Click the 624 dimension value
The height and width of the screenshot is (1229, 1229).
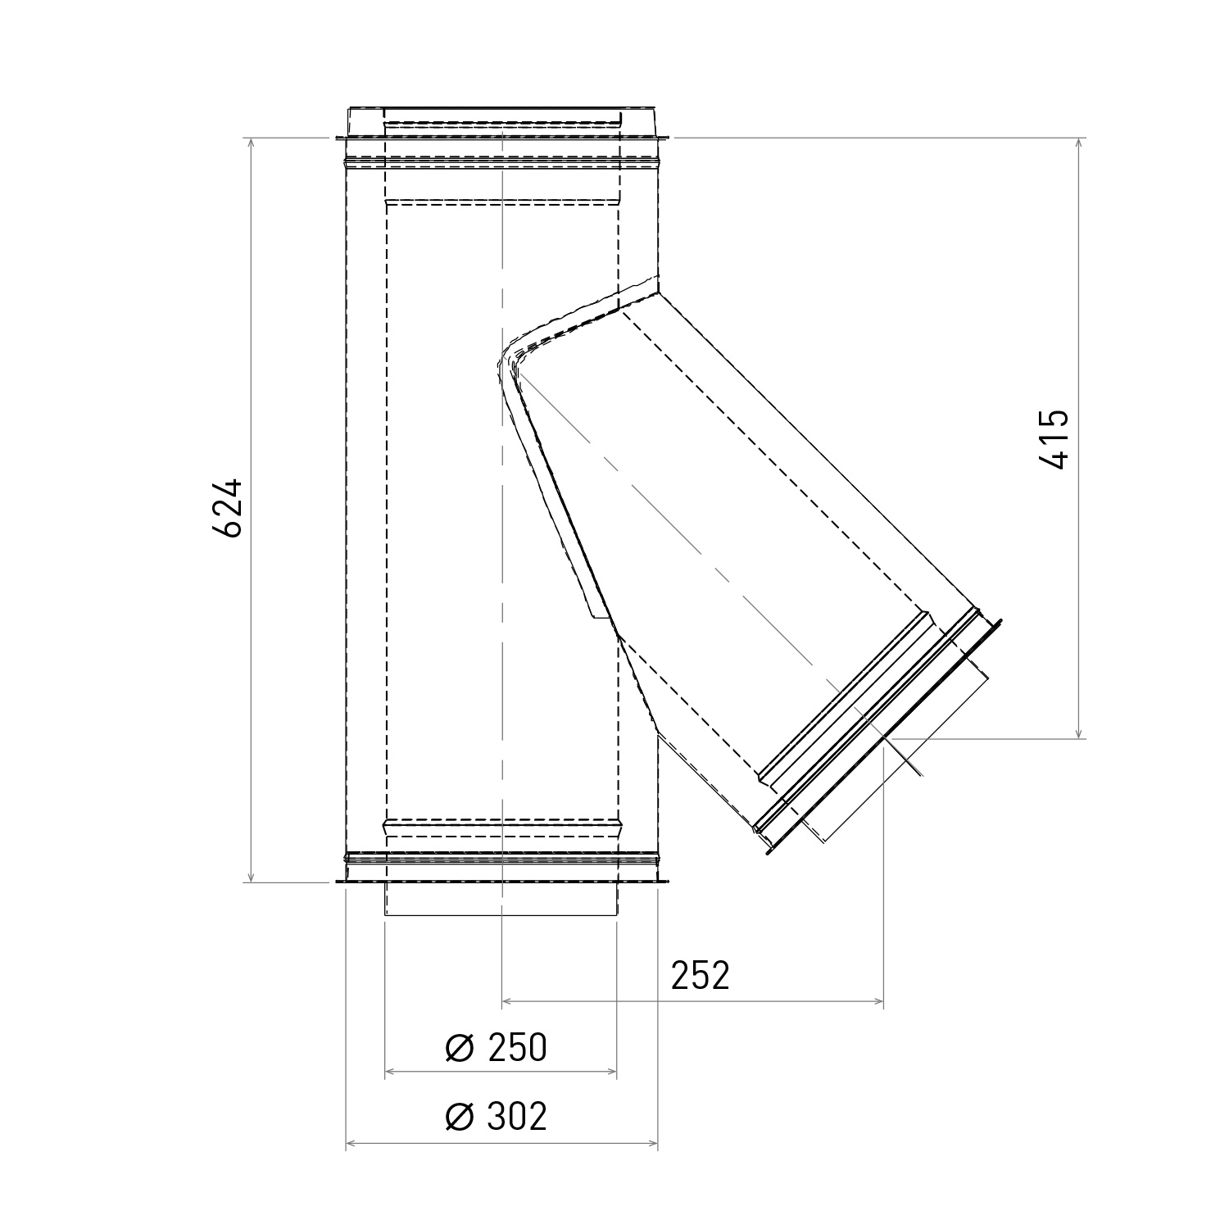(x=227, y=507)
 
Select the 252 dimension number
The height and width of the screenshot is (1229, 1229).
(x=700, y=975)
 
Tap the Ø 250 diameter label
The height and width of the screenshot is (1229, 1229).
(x=496, y=1047)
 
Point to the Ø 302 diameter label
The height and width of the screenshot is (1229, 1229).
(x=496, y=1116)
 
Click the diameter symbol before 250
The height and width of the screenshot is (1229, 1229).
(x=460, y=1048)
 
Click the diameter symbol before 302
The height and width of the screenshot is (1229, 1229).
(x=460, y=1117)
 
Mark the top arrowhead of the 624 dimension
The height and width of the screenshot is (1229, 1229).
(x=252, y=143)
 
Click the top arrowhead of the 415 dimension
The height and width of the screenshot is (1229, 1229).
(x=1080, y=143)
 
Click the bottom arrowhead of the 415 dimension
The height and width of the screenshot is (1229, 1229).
(x=1080, y=733)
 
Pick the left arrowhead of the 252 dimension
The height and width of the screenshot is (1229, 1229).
(x=506, y=1001)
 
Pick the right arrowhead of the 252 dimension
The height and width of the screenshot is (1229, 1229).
(x=878, y=1001)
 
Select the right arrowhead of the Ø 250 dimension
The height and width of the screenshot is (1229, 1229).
(x=611, y=1071)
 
